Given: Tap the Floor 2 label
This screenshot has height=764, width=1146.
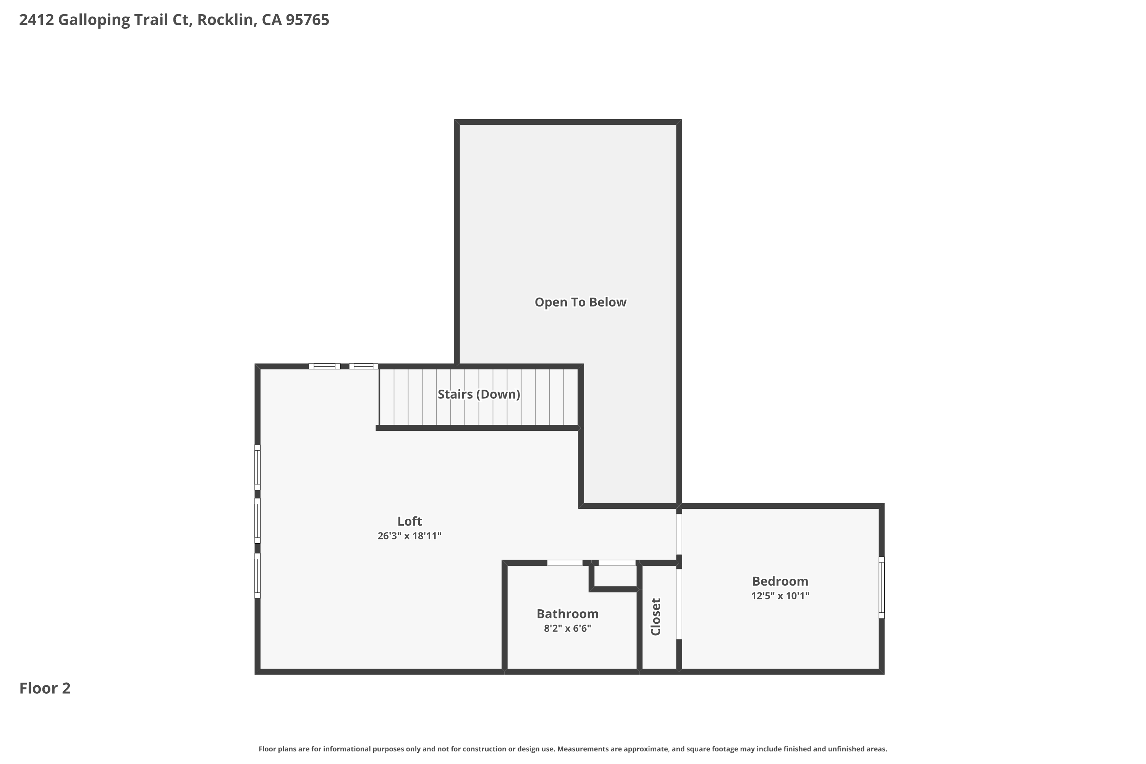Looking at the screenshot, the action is tap(45, 688).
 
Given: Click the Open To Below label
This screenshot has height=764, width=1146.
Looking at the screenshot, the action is tap(580, 302).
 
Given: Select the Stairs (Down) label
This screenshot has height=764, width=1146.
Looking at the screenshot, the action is tap(479, 394).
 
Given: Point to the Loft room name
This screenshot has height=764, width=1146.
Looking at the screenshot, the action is tap(409, 521).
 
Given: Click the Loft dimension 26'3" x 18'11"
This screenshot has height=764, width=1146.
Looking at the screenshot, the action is tap(409, 536).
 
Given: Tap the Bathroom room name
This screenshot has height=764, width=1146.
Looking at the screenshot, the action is tap(567, 614).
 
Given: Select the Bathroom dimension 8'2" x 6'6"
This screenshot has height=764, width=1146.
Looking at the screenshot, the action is tap(567, 628).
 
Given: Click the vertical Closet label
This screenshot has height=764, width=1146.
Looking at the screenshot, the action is tap(656, 617).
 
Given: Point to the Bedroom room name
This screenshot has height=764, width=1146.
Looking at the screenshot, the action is tap(780, 581).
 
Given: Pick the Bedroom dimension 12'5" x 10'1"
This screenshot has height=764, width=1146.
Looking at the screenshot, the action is tap(780, 596).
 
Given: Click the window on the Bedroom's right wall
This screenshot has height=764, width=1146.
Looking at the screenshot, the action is tap(881, 588).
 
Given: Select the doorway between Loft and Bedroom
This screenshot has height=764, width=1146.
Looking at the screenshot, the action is tap(679, 534).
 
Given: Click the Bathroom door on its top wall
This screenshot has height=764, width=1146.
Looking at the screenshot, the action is tap(565, 563).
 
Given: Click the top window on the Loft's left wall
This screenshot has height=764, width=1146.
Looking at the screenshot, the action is tap(258, 467).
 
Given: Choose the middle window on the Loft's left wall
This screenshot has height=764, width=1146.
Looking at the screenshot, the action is tap(258, 520).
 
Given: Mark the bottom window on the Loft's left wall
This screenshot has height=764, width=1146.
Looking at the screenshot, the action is tap(258, 575).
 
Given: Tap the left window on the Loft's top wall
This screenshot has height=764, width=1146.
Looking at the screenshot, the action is tap(324, 366).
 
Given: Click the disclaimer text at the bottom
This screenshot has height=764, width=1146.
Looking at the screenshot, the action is tap(573, 749).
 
